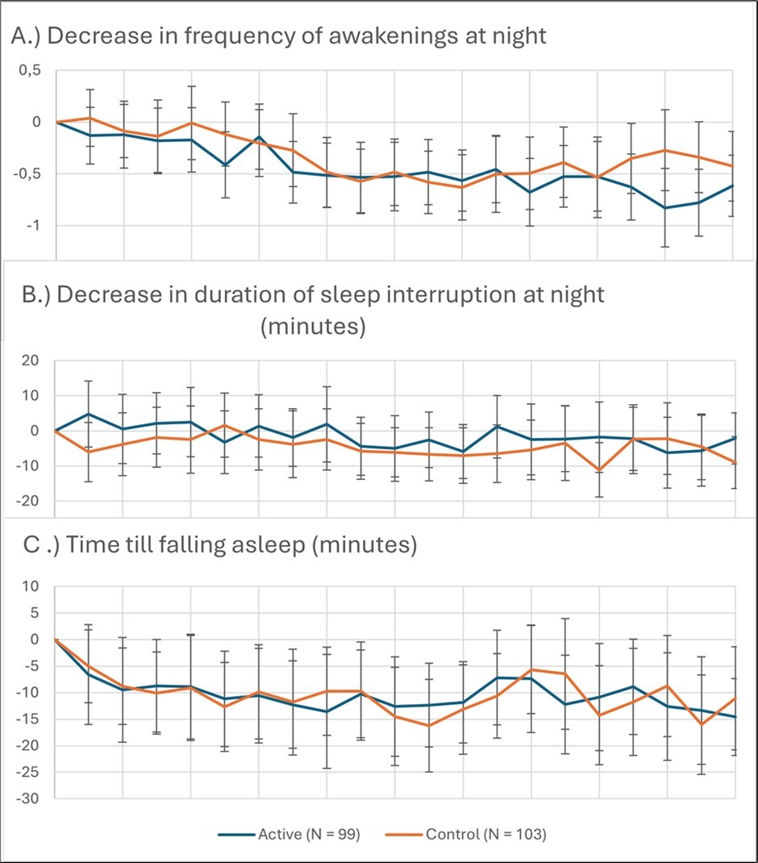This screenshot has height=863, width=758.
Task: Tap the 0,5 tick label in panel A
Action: pos(30,71)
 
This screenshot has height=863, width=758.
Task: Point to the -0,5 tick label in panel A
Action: pos(27,174)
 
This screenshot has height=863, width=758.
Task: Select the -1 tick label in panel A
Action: pos(33,226)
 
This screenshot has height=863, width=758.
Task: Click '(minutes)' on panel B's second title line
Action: pos(313,327)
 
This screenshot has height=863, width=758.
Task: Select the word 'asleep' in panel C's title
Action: pos(258,546)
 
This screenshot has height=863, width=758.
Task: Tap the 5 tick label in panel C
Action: pos(34,613)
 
